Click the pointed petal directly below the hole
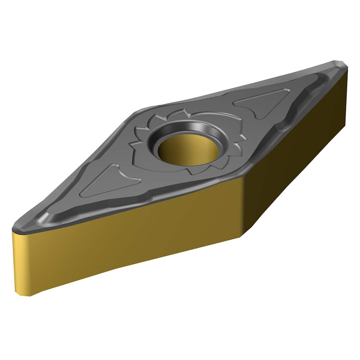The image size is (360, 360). (194, 172)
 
